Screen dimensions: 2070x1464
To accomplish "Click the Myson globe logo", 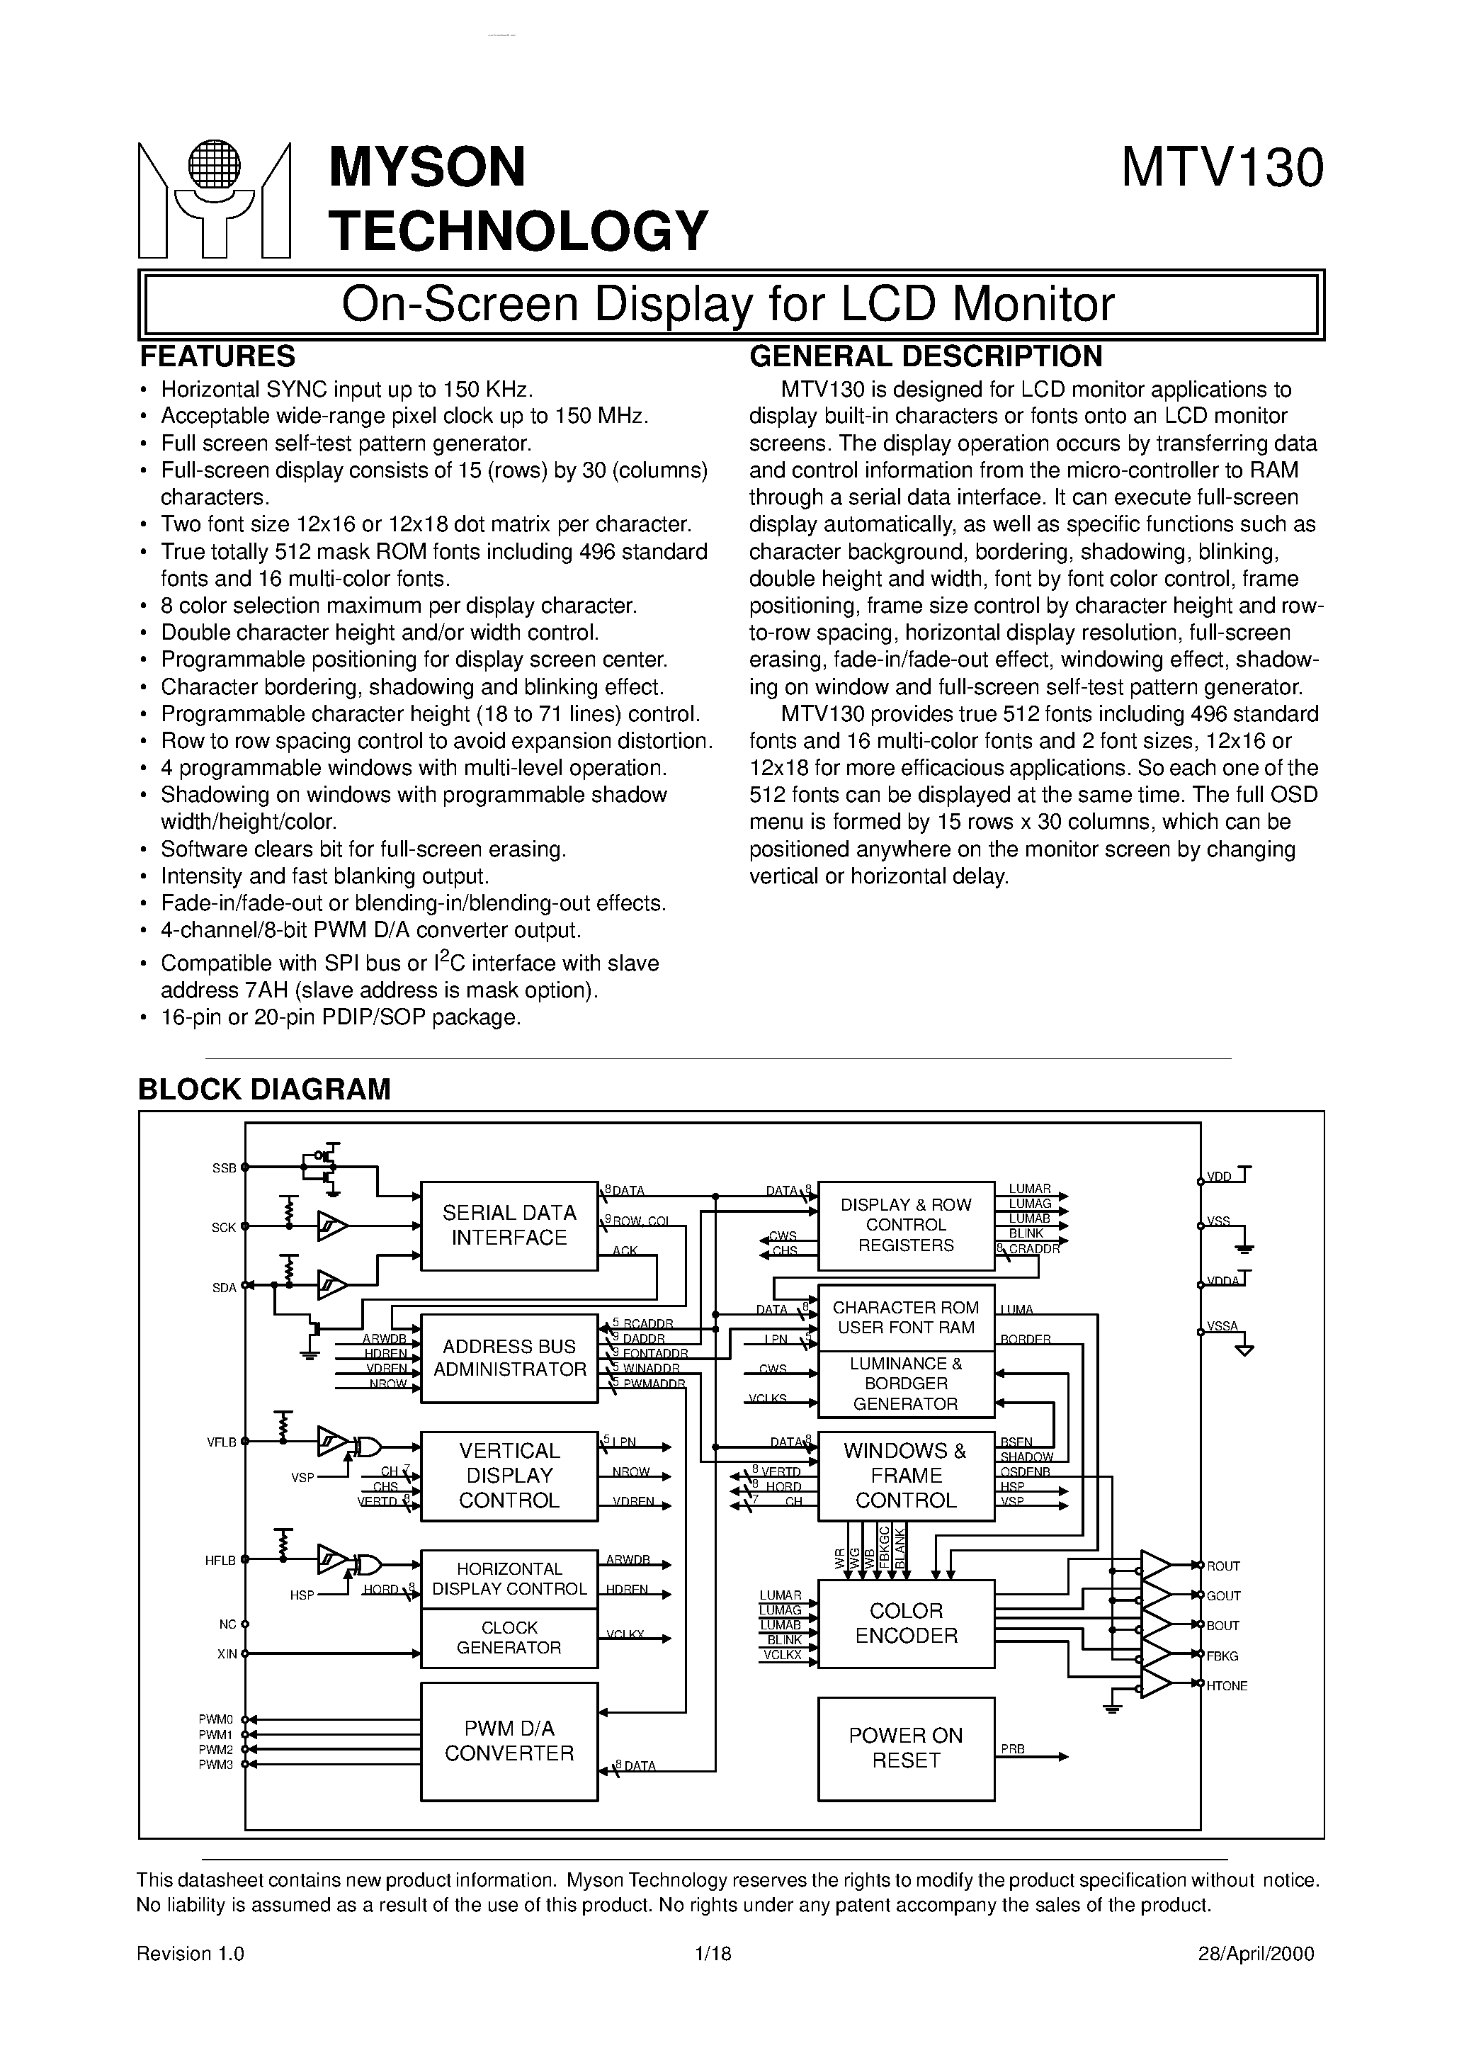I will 215,200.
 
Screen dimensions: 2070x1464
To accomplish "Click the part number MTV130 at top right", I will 1222,169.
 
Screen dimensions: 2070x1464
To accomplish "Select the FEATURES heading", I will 217,357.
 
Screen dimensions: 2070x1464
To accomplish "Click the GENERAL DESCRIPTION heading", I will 926,357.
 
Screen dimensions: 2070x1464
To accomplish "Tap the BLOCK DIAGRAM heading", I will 264,1089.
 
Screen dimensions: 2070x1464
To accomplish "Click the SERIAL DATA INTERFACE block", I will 509,1226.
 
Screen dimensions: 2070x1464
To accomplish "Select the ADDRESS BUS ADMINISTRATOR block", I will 509,1358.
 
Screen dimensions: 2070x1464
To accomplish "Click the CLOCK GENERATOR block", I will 509,1637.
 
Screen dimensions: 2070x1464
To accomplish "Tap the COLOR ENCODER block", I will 906,1623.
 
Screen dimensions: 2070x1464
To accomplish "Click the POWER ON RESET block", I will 906,1748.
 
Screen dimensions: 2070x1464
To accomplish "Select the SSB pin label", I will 224,1168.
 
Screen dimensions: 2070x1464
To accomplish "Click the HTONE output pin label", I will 1227,1686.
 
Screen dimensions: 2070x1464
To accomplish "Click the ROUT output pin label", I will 1223,1566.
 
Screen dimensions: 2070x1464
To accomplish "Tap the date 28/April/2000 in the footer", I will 1256,1954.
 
